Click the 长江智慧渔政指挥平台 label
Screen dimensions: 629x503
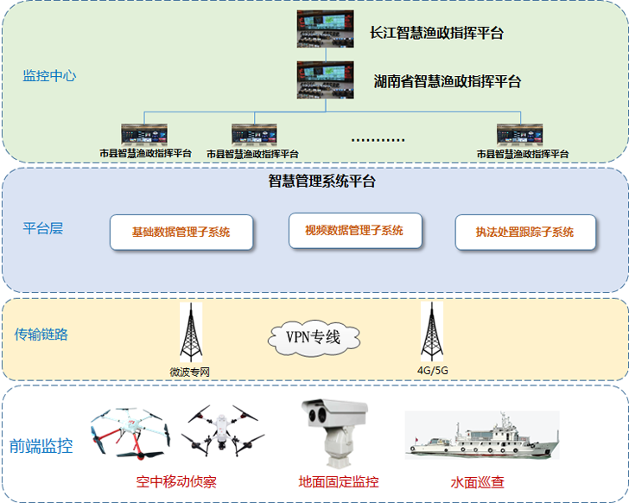pyautogui.click(x=436, y=33)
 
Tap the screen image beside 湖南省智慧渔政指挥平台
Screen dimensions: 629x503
pyautogui.click(x=326, y=80)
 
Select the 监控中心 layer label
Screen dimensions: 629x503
pyautogui.click(x=49, y=76)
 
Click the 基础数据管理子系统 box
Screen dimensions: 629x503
pyautogui.click(x=181, y=232)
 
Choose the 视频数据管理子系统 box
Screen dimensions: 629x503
pyautogui.click(x=355, y=231)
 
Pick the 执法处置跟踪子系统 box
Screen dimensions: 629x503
pyautogui.click(x=525, y=232)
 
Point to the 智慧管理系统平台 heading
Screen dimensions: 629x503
pyautogui.click(x=321, y=181)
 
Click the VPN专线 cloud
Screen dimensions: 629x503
pyautogui.click(x=314, y=338)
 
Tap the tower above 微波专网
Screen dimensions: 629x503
pyautogui.click(x=191, y=333)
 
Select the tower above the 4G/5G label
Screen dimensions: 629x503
pyautogui.click(x=432, y=332)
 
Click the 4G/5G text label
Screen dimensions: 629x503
pyautogui.click(x=432, y=371)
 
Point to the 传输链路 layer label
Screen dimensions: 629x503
pyautogui.click(x=41, y=334)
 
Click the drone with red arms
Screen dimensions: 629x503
pyautogui.click(x=130, y=433)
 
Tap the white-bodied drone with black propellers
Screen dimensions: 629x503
pyautogui.click(x=223, y=430)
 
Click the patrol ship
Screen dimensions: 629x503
pyautogui.click(x=482, y=436)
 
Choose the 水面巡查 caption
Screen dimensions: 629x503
pyautogui.click(x=477, y=482)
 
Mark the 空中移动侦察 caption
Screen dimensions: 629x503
pyautogui.click(x=176, y=481)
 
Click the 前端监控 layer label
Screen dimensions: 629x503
pyautogui.click(x=41, y=446)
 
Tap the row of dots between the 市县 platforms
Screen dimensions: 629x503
pyautogui.click(x=378, y=140)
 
